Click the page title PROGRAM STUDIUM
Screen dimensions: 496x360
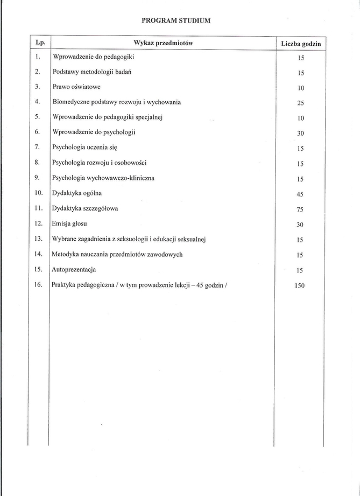tap(176, 20)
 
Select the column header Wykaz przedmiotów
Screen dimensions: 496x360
tap(163, 43)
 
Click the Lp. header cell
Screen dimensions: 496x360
tap(39, 42)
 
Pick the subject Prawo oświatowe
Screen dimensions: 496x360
tap(76, 87)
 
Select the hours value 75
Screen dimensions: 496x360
tap(301, 210)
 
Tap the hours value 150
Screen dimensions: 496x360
tap(300, 286)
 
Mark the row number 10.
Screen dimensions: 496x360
tap(39, 192)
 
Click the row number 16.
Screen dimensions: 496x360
tap(39, 284)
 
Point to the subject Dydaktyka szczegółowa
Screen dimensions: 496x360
tap(85, 208)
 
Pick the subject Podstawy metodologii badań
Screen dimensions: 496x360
tap(92, 72)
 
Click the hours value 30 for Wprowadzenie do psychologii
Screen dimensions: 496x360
tap(301, 134)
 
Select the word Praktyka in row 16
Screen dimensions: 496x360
tap(65, 285)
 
